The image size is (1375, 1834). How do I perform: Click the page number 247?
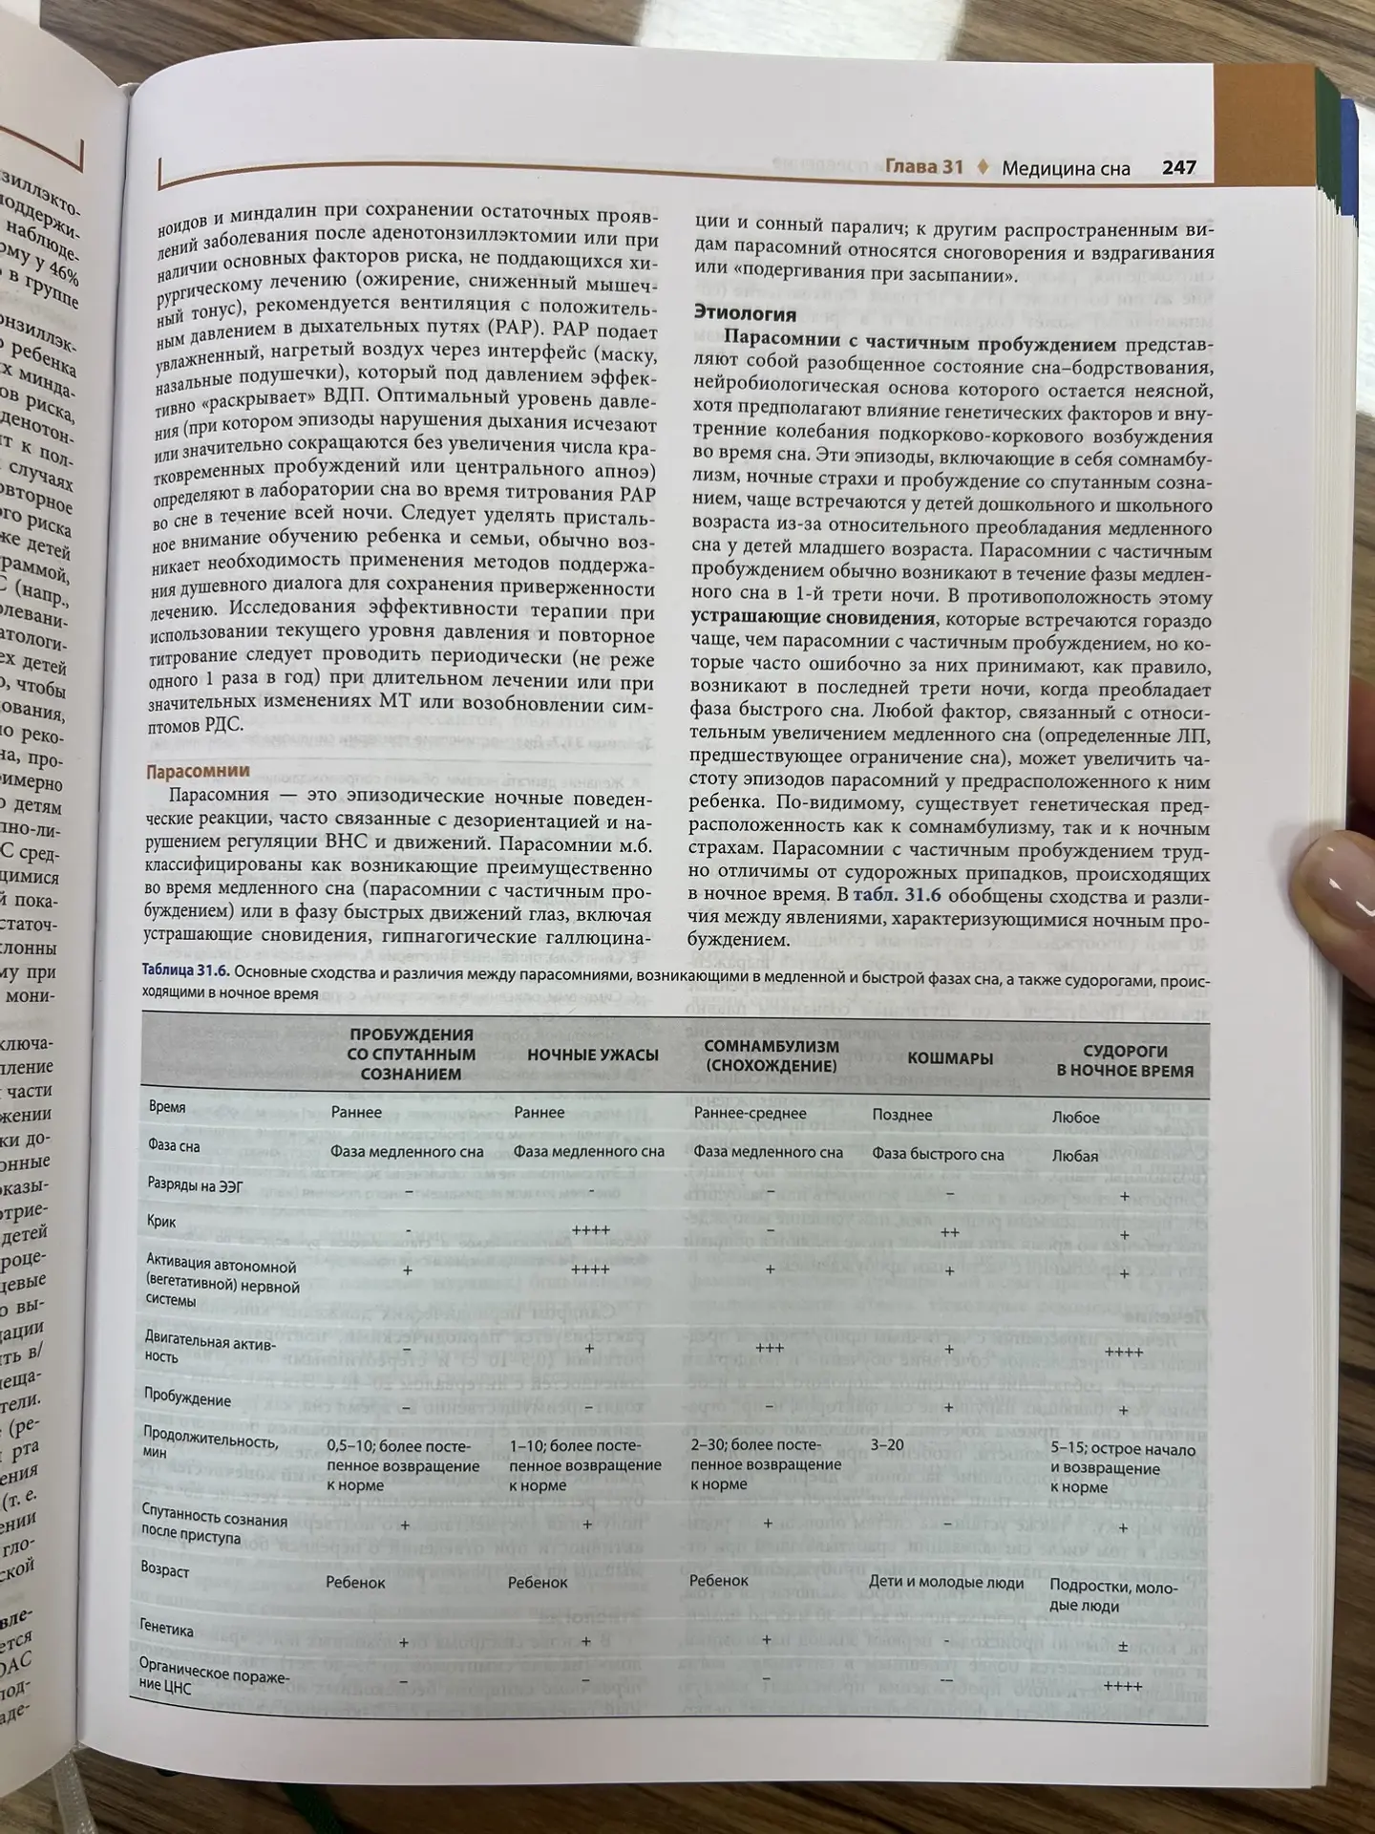click(x=1178, y=167)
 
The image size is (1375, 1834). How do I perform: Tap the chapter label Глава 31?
click(x=923, y=166)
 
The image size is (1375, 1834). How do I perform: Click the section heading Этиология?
click(x=744, y=313)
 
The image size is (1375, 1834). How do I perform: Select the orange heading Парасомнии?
click(x=197, y=771)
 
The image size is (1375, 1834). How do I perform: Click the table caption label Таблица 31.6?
click(x=184, y=970)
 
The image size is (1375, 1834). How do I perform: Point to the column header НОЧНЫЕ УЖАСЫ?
click(x=593, y=1055)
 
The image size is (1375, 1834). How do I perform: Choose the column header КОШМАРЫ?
click(x=949, y=1058)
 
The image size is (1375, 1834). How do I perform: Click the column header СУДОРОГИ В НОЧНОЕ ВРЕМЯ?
click(x=1125, y=1061)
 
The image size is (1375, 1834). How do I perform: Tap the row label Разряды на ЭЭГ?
click(x=195, y=1184)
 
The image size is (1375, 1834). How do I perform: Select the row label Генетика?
click(x=166, y=1630)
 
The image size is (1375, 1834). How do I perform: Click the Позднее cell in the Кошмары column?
click(x=901, y=1115)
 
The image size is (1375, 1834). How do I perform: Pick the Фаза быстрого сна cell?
click(x=938, y=1154)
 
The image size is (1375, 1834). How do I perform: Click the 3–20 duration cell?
click(x=887, y=1445)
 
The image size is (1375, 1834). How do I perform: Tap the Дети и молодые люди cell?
click(x=945, y=1583)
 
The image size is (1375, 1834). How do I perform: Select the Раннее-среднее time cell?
click(x=750, y=1113)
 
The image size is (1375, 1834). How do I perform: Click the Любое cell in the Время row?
click(x=1075, y=1117)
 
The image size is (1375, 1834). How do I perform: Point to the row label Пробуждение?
click(x=187, y=1399)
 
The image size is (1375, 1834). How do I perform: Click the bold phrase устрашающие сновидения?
click(x=812, y=618)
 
